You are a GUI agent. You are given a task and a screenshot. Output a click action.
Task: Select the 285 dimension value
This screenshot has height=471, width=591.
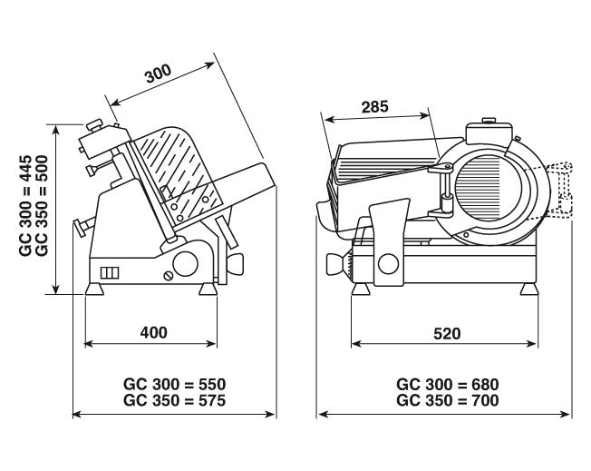click(373, 106)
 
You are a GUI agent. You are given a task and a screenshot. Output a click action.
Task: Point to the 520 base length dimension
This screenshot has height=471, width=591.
click(446, 333)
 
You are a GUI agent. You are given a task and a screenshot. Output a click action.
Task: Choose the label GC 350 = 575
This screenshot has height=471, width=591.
click(173, 399)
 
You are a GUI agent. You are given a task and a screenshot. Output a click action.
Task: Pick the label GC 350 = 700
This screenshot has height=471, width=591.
click(448, 399)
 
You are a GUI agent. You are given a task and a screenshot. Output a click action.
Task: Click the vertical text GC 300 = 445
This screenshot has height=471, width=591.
click(26, 207)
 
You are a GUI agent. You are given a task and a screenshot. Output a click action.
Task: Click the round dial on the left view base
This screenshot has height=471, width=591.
click(185, 265)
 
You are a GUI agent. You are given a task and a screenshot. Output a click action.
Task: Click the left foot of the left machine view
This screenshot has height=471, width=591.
click(92, 290)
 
